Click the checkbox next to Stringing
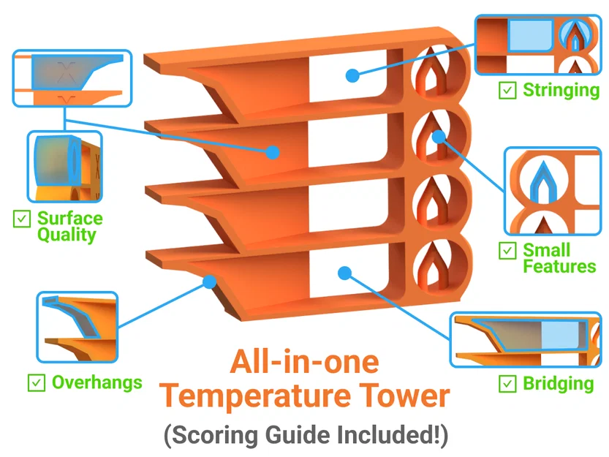click(506, 90)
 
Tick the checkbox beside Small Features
click(506, 250)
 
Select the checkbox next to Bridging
click(506, 383)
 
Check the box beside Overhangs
click(35, 382)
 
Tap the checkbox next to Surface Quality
click(21, 218)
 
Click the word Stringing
click(561, 90)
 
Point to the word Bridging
click(558, 383)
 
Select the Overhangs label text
click(97, 382)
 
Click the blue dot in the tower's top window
click(352, 75)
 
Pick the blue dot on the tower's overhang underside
click(210, 279)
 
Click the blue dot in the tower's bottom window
click(345, 273)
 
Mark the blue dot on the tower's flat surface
click(273, 152)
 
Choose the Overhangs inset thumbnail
click(77, 327)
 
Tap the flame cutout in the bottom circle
click(437, 268)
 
